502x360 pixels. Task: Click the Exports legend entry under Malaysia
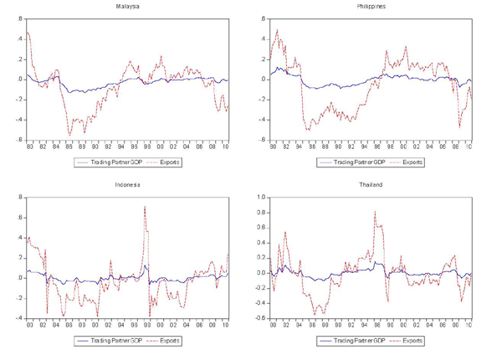coord(166,162)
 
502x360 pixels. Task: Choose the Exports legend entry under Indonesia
coord(166,341)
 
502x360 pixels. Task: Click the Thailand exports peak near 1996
coord(375,212)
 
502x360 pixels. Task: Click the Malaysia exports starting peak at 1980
coord(28,33)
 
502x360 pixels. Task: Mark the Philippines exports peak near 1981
coord(277,30)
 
